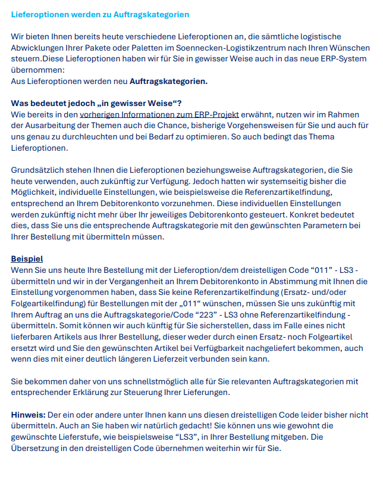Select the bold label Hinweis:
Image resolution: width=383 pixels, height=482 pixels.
(x=28, y=415)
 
